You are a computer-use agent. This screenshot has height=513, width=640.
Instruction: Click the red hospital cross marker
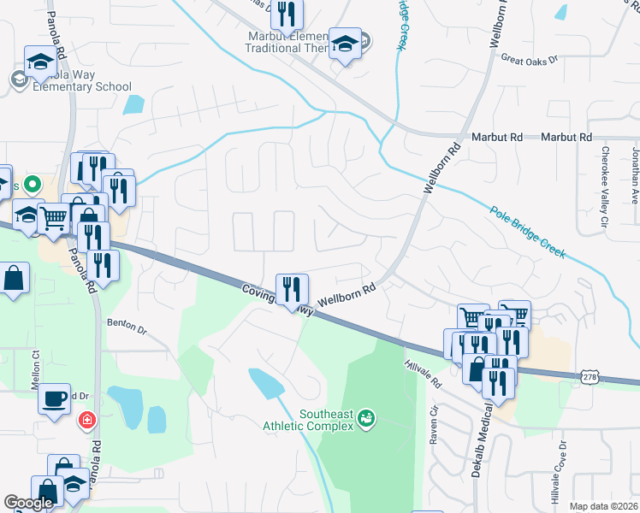click(x=86, y=420)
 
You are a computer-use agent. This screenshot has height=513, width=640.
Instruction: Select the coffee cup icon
click(x=54, y=398)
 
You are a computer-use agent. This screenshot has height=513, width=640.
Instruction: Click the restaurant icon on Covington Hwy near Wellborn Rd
click(x=292, y=289)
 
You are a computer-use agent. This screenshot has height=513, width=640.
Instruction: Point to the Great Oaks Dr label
click(x=529, y=60)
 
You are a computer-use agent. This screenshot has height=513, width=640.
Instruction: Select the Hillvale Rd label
click(x=422, y=370)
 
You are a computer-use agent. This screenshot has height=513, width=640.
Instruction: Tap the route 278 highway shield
click(x=589, y=377)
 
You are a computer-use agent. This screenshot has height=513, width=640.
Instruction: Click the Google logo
click(x=28, y=503)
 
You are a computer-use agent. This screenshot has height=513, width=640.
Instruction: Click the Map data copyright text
click(x=603, y=506)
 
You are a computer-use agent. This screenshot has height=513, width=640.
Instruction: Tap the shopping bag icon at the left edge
click(x=14, y=279)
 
